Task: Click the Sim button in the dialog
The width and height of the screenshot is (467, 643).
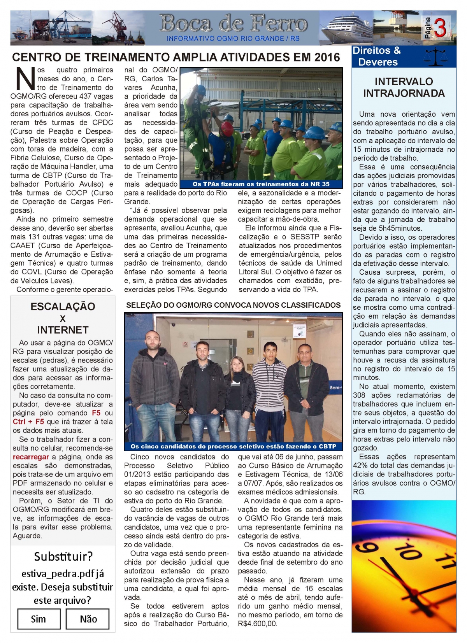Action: pyautogui.click(x=39, y=618)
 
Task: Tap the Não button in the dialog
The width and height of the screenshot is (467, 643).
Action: pyautogui.click(x=88, y=618)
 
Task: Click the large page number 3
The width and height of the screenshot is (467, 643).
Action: pyautogui.click(x=440, y=28)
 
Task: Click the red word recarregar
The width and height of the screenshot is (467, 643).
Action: pyautogui.click(x=31, y=457)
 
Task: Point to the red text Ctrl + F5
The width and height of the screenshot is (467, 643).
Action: pyautogui.click(x=28, y=422)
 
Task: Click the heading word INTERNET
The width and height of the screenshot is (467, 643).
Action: pyautogui.click(x=63, y=330)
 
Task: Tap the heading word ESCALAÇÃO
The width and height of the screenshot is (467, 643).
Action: pyautogui.click(x=63, y=307)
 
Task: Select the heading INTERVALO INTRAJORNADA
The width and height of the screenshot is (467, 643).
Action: pyautogui.click(x=404, y=88)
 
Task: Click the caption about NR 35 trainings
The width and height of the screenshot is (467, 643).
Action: pyautogui.click(x=261, y=184)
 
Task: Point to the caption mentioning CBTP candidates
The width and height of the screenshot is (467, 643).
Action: pyautogui.click(x=233, y=446)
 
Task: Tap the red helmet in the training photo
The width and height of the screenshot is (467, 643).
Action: pyautogui.click(x=227, y=127)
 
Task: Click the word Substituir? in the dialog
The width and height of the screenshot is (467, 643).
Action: pyautogui.click(x=63, y=557)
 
